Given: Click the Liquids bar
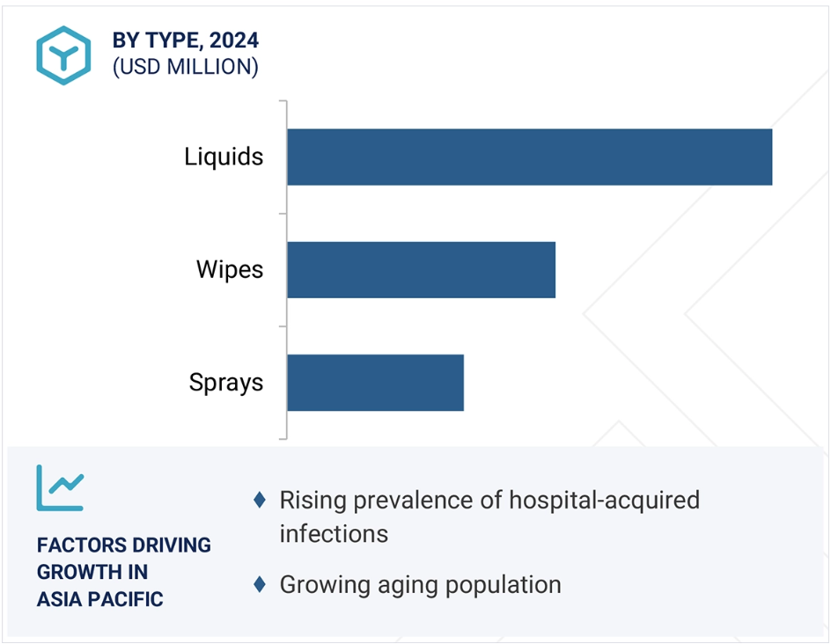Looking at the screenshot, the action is tap(529, 157).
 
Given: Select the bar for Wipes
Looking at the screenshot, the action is tap(422, 269).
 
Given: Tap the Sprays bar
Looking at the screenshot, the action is tap(375, 383).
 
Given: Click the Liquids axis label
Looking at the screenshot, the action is tap(224, 157).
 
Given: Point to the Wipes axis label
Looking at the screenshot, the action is tap(230, 269).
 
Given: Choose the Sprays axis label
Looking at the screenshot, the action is tap(225, 383).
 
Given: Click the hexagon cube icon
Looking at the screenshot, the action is tap(63, 55).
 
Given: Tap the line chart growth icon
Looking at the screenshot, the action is tap(60, 487).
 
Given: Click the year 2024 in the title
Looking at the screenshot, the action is tap(234, 40).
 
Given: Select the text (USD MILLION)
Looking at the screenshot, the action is tap(186, 67).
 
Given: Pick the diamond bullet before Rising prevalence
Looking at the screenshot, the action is tap(260, 500).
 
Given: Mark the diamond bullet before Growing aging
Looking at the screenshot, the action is tap(260, 584).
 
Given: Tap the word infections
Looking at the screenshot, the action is tap(334, 533).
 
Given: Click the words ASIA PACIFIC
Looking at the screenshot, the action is tap(100, 599).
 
